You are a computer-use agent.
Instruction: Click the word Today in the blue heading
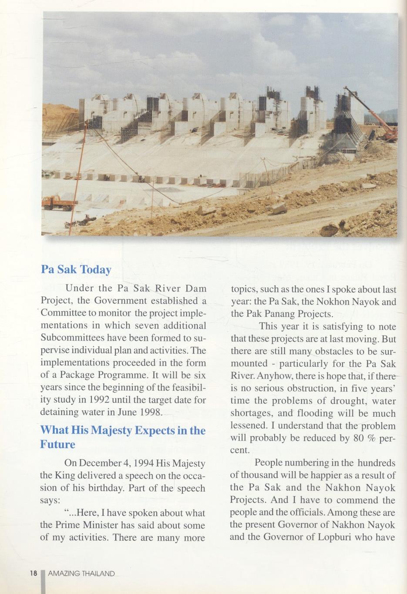point(96,269)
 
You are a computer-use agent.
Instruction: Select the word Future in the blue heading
point(57,444)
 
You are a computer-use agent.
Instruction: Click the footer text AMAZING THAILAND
point(81,574)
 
